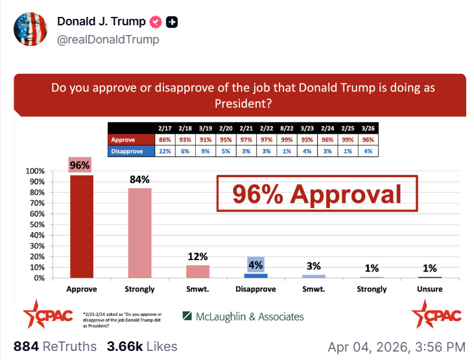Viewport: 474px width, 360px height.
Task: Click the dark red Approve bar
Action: click(81, 226)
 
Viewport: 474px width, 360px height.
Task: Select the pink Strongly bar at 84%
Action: click(139, 233)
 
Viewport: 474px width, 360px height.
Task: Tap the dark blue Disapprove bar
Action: click(255, 275)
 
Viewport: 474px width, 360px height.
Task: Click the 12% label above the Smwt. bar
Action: click(198, 256)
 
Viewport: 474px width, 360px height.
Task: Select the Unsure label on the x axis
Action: click(430, 289)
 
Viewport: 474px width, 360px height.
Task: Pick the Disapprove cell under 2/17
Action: click(164, 150)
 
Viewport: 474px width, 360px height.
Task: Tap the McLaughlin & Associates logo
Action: click(243, 317)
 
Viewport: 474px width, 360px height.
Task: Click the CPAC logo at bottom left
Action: click(43, 315)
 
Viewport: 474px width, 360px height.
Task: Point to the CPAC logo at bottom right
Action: click(436, 315)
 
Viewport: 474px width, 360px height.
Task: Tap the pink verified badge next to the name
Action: click(156, 22)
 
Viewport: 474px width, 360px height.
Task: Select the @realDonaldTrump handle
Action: click(108, 40)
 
